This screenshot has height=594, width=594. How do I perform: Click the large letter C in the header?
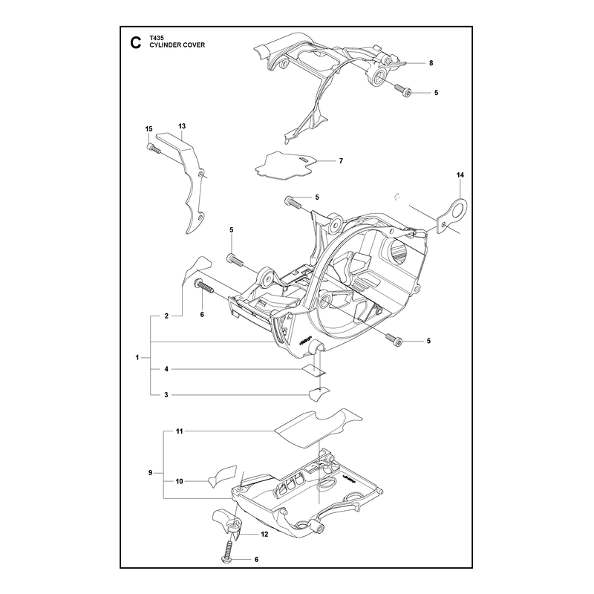135,43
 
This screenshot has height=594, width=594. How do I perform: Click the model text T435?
156,39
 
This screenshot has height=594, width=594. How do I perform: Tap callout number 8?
431,63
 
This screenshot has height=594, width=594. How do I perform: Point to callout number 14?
460,175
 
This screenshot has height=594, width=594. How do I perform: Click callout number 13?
182,126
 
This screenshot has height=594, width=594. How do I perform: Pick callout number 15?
149,129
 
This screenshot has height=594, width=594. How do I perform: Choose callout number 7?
341,161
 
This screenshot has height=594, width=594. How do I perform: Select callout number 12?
264,534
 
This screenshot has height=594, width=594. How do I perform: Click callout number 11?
179,431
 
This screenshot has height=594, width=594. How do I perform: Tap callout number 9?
151,473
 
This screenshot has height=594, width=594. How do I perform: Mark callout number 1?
137,357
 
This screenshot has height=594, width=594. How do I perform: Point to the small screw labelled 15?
153,149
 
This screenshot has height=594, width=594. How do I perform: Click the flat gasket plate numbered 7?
285,165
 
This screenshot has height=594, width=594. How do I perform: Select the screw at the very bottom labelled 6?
228,550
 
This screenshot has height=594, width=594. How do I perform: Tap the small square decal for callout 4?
314,369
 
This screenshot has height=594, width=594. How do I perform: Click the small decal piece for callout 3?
319,394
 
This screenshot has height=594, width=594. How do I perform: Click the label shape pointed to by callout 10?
222,478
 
